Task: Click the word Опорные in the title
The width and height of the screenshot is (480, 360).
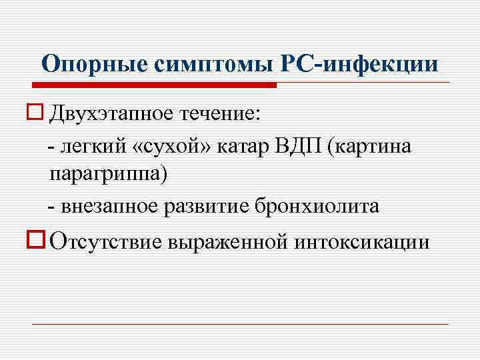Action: tap(95, 64)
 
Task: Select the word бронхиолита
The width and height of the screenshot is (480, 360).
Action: tap(317, 207)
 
